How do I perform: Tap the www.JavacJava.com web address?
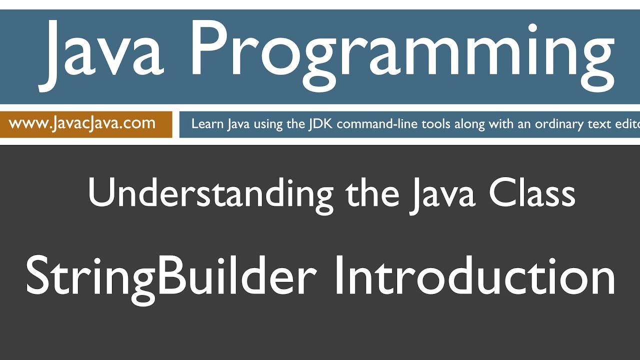click(82, 123)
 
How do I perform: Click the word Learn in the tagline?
click(207, 124)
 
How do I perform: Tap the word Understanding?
click(210, 193)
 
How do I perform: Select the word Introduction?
click(475, 276)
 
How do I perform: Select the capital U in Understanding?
click(99, 192)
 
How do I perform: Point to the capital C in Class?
click(501, 193)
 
